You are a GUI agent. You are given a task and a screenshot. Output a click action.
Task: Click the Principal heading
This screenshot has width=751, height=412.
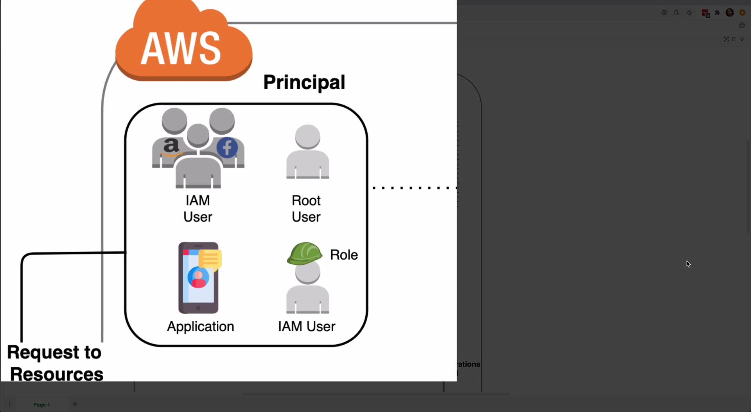[304, 82]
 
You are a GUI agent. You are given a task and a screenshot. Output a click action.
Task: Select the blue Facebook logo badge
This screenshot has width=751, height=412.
[227, 148]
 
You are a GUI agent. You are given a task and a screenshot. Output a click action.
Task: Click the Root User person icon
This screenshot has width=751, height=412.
[308, 152]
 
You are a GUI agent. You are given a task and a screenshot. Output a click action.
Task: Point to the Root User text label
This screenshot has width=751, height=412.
[306, 209]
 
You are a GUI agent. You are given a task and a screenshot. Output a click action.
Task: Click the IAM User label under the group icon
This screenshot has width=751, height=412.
[198, 209]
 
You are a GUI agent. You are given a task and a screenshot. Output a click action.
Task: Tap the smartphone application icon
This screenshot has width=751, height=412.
[200, 278]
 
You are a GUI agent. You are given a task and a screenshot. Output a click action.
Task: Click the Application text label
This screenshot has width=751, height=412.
[201, 327]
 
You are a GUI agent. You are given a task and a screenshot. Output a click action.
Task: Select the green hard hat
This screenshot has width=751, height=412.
[305, 253]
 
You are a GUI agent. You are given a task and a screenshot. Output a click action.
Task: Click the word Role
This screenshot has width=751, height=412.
[344, 255]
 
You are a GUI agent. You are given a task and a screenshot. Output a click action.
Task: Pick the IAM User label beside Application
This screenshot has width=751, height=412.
[307, 326]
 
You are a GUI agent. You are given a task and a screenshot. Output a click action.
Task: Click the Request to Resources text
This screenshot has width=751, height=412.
[55, 363]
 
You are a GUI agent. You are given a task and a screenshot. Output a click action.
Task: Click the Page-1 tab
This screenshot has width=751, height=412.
[41, 405]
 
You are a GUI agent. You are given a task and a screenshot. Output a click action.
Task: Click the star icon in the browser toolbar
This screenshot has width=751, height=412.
[689, 13]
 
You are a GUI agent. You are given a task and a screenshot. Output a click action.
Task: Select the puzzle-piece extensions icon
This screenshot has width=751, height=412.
[717, 13]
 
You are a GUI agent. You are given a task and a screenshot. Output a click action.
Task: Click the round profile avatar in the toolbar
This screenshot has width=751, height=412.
[730, 13]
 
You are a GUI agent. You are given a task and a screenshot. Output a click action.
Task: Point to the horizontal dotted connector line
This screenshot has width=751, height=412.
[415, 188]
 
